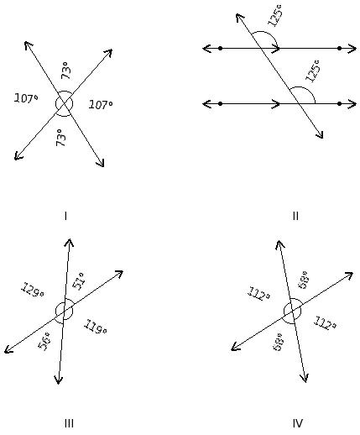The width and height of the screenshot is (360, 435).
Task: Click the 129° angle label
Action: point(33,291)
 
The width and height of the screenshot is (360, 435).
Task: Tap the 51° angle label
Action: point(78,281)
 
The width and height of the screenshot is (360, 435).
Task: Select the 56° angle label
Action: point(44,341)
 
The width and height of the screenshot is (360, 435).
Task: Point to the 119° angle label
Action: point(96,327)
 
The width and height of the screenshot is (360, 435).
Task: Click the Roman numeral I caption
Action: point(65,216)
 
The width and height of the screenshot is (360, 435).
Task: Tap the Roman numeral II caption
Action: point(295,216)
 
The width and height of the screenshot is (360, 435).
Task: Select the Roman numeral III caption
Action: point(69,423)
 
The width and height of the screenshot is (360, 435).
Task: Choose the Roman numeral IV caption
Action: point(298,423)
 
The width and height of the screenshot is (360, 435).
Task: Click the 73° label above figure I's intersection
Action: point(66,71)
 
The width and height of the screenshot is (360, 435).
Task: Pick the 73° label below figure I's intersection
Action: point(61,138)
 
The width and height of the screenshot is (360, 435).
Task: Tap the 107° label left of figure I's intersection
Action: point(26,98)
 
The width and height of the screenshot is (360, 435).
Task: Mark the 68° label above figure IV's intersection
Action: point(303,280)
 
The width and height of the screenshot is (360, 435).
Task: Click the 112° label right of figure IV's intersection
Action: point(325,323)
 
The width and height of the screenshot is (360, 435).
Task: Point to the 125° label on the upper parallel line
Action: point(275,15)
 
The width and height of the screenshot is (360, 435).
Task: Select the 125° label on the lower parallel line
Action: point(312,71)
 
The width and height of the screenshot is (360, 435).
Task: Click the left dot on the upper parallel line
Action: point(220,49)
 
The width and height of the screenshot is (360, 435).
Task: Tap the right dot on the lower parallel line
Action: point(339,103)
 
